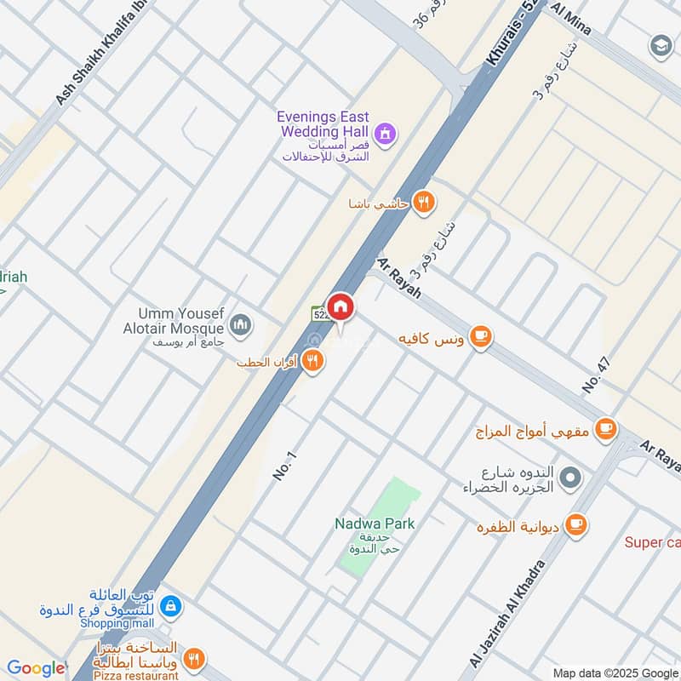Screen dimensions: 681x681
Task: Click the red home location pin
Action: click(340, 306)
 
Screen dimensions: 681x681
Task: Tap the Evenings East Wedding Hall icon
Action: click(386, 133)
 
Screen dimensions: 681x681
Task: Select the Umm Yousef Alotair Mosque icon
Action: click(241, 324)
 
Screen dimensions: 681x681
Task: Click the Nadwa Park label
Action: click(375, 524)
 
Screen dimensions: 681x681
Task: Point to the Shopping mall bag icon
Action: click(171, 606)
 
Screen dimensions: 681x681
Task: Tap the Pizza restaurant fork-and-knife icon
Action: click(194, 658)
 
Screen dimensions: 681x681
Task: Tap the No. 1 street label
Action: click(284, 466)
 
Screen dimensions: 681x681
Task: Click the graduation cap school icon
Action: click(661, 44)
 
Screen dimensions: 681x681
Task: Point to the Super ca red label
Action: click(652, 542)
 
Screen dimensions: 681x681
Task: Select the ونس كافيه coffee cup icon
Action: click(481, 337)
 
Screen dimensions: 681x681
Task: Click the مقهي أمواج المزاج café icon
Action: click(606, 428)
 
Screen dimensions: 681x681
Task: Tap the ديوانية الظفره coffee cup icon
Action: click(576, 524)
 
